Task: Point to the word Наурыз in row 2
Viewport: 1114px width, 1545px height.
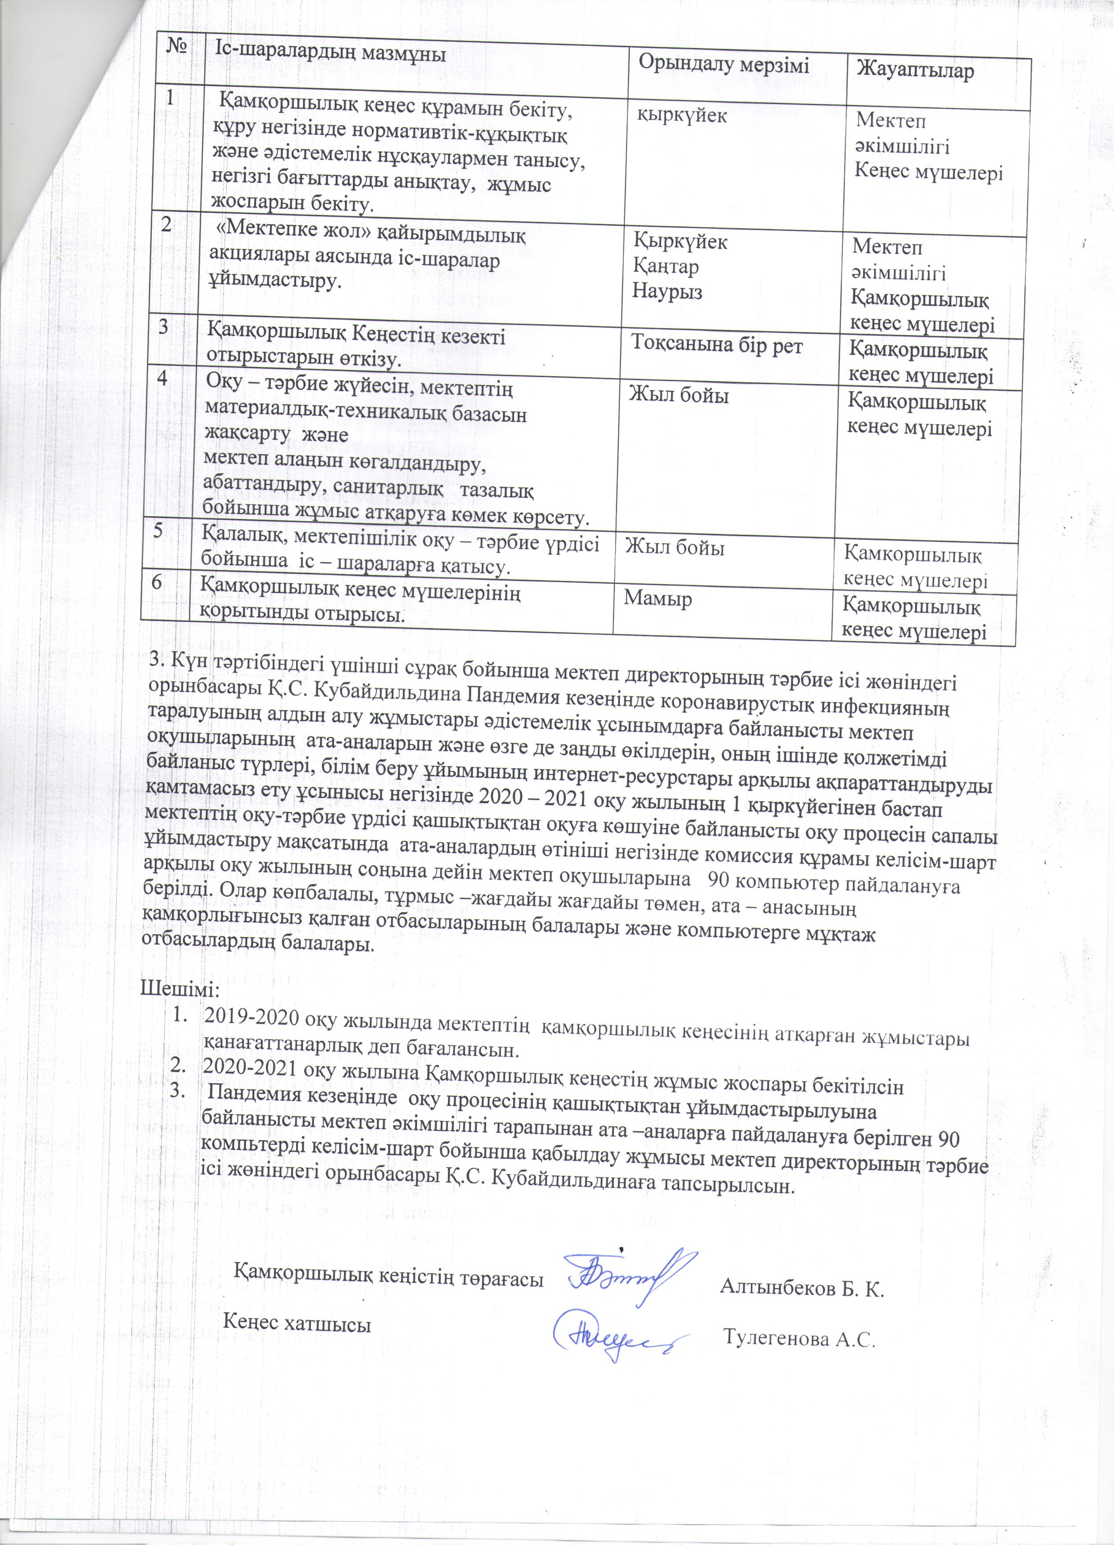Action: [668, 292]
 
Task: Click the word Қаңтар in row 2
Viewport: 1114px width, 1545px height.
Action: [666, 267]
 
